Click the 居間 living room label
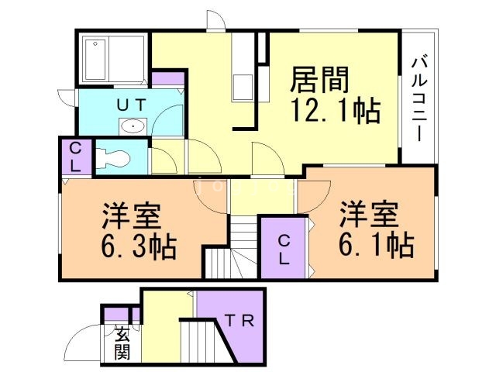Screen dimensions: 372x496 (x=321, y=79)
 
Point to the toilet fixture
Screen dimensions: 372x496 (x=113, y=159)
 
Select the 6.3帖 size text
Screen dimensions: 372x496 (x=138, y=246)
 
